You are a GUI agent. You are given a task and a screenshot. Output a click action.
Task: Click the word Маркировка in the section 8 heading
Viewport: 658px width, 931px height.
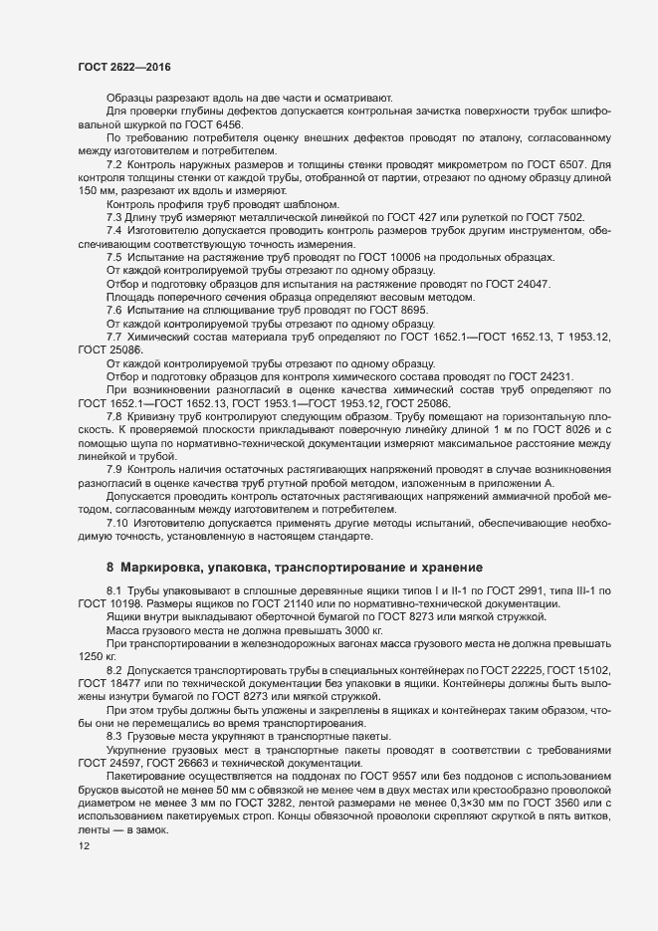click(161, 568)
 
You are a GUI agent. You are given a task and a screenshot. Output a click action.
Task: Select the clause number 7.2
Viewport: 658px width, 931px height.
click(113, 163)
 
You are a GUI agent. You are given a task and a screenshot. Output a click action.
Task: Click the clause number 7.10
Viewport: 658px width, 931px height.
click(117, 522)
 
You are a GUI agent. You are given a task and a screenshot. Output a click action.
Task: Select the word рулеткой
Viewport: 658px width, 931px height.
click(493, 217)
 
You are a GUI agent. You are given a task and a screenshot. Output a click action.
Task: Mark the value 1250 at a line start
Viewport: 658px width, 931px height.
click(91, 658)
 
